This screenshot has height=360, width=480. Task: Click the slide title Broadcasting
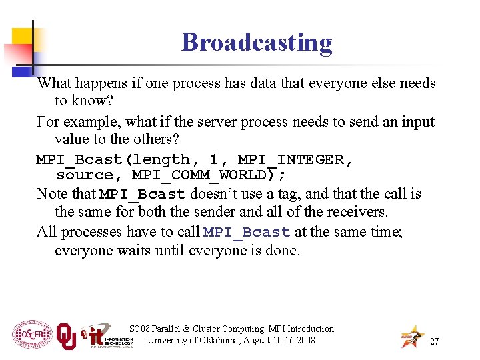coord(257,42)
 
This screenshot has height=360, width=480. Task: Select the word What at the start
coord(53,83)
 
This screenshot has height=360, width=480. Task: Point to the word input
coord(415,122)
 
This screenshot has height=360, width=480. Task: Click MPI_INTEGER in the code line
coord(295,160)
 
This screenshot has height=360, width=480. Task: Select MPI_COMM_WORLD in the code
coord(207,175)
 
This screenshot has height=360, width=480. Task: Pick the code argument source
coord(85,175)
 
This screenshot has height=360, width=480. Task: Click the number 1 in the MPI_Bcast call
coord(214,160)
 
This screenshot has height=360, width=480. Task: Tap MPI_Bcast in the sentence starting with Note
coord(142,195)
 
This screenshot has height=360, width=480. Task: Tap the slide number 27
coord(435,341)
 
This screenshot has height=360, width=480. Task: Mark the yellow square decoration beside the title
coord(21,39)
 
